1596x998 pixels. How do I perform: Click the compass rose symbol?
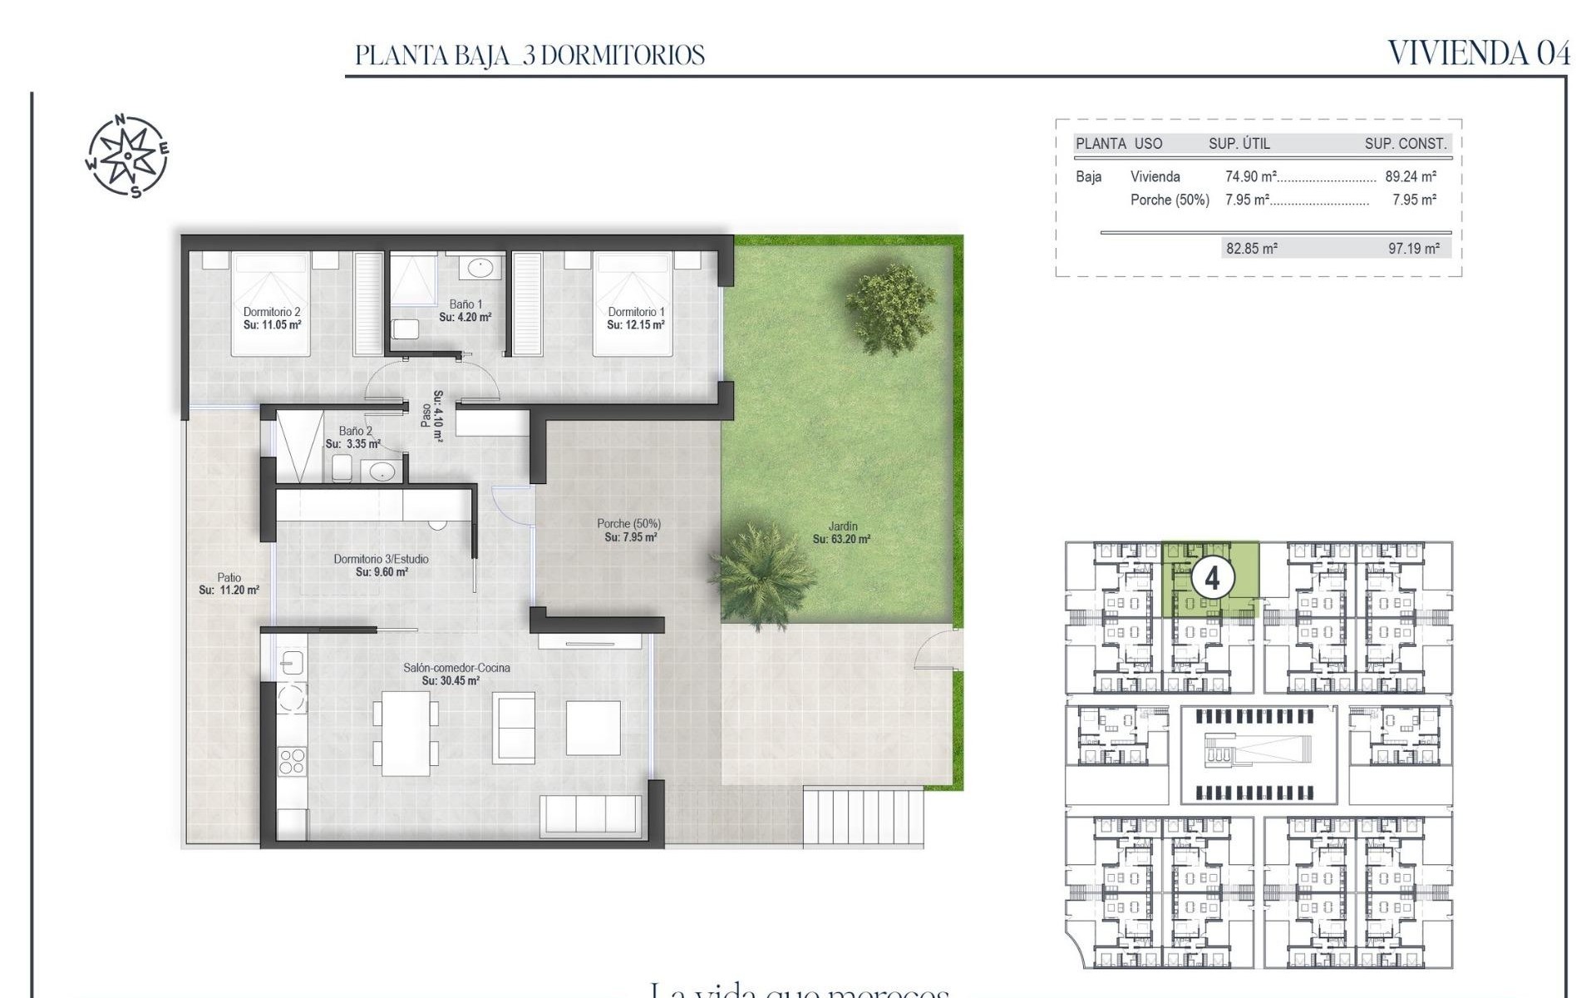[127, 156]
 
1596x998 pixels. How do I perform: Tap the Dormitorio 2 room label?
[272, 312]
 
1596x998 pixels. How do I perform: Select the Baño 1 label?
[465, 304]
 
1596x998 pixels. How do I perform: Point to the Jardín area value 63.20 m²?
[841, 539]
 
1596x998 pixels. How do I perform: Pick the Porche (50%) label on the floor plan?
[628, 524]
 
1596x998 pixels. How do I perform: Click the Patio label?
[229, 577]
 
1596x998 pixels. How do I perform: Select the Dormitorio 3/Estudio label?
[381, 559]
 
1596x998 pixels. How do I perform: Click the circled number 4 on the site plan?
[1212, 577]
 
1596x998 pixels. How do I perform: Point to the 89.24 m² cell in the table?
[1410, 176]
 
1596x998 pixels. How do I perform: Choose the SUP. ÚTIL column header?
[1239, 143]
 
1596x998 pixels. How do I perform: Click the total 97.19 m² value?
[1413, 248]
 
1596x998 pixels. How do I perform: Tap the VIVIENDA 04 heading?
[1479, 53]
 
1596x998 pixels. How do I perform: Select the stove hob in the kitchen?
[291, 761]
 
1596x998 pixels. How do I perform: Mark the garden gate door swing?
[938, 650]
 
